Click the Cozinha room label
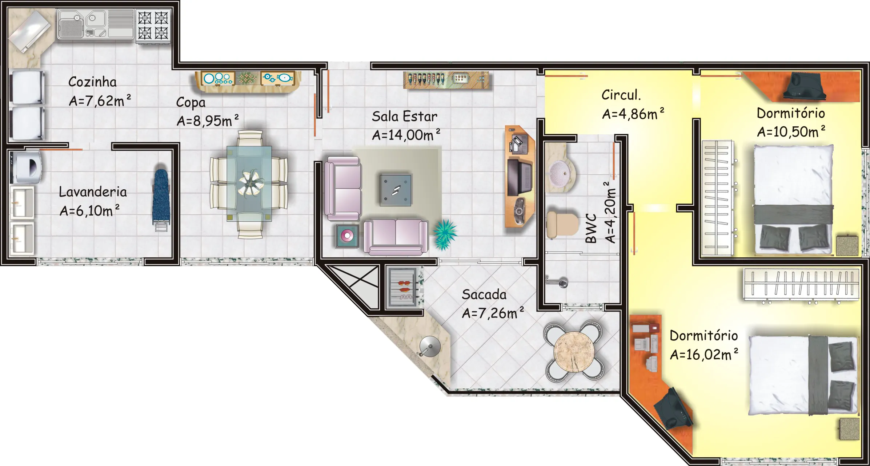[92, 82]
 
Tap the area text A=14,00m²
[406, 135]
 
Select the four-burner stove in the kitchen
[153, 25]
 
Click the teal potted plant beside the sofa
[444, 234]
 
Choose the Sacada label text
[484, 295]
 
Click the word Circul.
[621, 95]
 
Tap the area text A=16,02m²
[704, 354]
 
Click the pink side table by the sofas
[347, 236]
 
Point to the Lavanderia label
[93, 192]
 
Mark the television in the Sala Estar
[520, 177]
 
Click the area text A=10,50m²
[791, 131]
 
